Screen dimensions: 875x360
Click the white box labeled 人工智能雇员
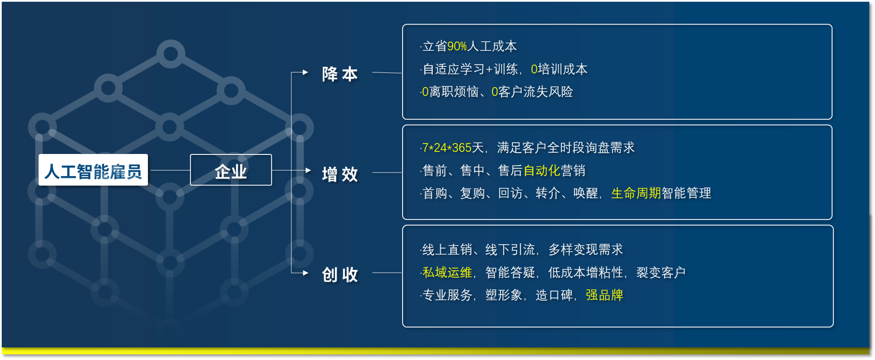tap(93, 170)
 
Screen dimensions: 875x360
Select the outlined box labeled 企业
tap(231, 170)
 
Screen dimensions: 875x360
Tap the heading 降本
tap(340, 74)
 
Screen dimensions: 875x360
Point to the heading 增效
tap(340, 174)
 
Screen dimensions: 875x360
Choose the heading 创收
tap(340, 275)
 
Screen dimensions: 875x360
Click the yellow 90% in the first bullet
tap(457, 46)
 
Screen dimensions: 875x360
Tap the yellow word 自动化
tap(542, 171)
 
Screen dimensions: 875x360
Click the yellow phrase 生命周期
tap(636, 193)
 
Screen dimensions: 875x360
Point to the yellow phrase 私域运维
tap(447, 273)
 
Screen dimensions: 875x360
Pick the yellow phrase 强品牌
tap(605, 295)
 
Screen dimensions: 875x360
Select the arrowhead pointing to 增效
tap(308, 170)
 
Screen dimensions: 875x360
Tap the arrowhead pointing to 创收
tap(306, 273)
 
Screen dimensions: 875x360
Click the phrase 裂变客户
tap(661, 273)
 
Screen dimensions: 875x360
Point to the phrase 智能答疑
tap(511, 273)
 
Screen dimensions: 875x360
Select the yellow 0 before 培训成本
tap(534, 69)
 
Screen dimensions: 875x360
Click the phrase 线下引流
tap(511, 250)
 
